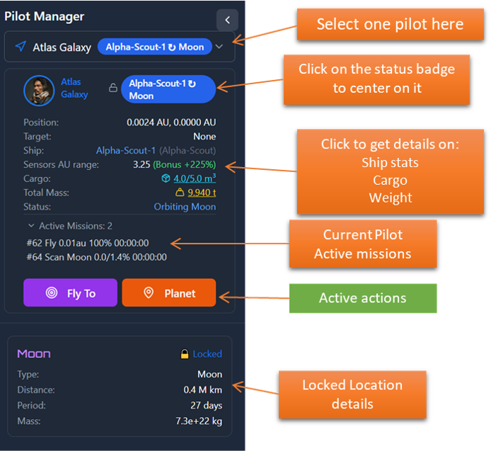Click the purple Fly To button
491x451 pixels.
click(x=70, y=293)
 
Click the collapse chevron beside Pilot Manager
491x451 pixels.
click(x=227, y=19)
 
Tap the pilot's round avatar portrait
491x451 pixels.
click(x=39, y=90)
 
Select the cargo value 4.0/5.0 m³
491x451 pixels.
click(x=195, y=178)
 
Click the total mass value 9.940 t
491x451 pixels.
click(x=202, y=193)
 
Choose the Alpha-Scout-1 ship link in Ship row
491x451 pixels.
click(x=125, y=150)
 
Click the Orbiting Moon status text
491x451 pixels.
click(x=185, y=207)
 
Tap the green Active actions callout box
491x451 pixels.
click(x=363, y=297)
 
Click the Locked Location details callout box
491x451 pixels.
click(x=352, y=394)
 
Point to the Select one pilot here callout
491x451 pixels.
click(x=390, y=25)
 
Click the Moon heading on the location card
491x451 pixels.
click(x=34, y=353)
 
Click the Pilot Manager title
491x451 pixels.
click(x=44, y=16)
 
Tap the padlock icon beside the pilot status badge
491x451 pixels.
click(x=113, y=89)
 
